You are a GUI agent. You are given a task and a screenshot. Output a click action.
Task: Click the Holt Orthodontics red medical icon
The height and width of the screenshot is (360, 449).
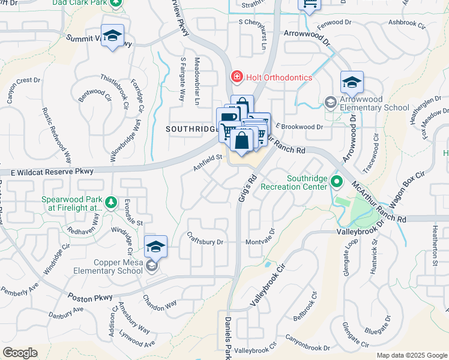tap(237, 77)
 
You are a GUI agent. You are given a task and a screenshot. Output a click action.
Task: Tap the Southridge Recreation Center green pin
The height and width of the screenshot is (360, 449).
tap(336, 181)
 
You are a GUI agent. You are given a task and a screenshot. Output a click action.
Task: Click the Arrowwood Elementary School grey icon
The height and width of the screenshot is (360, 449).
tap(330, 103)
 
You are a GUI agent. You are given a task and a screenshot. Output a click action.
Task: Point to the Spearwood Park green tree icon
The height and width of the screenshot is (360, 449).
tap(110, 203)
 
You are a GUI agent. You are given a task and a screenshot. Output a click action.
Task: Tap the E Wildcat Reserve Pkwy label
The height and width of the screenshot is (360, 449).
tap(53, 172)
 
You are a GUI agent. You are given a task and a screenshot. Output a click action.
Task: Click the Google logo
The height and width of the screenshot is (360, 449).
tap(20, 353)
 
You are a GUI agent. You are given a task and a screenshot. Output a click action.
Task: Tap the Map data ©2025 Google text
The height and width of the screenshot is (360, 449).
tap(412, 355)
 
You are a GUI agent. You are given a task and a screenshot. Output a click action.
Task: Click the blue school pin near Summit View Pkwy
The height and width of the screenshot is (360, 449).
tap(112, 36)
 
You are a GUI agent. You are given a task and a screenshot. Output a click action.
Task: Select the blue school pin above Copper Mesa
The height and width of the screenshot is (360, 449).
tap(155, 247)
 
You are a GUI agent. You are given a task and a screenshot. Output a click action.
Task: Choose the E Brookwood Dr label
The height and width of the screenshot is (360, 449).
tap(300, 127)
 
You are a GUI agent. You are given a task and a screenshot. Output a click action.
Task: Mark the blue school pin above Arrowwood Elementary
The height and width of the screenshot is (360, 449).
tap(352, 82)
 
